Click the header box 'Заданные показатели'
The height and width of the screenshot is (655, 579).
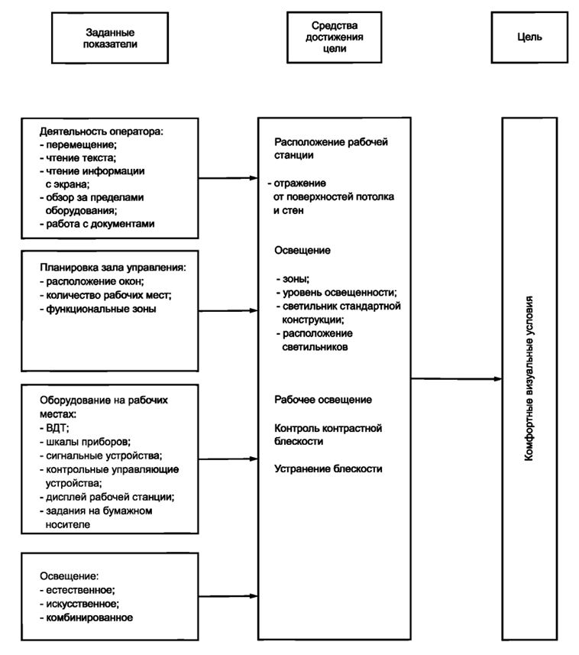pos(110,38)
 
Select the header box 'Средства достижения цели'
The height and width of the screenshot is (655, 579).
pos(334,37)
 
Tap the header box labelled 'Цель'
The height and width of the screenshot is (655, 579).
pos(529,37)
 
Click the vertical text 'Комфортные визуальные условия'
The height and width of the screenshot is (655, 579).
pos(529,378)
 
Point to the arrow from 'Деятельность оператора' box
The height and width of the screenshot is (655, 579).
pos(228,178)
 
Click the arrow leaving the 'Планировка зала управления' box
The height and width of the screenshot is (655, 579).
pos(228,311)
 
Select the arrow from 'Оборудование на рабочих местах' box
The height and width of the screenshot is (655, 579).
pos(228,459)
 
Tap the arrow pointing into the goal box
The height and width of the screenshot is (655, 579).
pos(457,379)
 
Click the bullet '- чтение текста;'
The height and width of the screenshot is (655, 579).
pos(78,158)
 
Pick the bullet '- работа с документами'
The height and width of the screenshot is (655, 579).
pos(97,224)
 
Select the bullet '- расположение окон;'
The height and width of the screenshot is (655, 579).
pos(92,281)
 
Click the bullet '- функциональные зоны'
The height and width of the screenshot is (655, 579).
pos(98,309)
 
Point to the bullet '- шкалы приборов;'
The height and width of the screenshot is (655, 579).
pos(85,442)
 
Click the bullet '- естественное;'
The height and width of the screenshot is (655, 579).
pos(77,590)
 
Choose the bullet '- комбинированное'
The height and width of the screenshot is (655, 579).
pos(86,618)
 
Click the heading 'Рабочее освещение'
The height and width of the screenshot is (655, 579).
pos(323,400)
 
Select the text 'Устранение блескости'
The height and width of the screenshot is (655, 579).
pos(328,469)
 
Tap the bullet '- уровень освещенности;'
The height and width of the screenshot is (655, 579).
pos(336,293)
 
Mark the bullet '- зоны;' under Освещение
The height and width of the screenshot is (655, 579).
pos(293,279)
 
